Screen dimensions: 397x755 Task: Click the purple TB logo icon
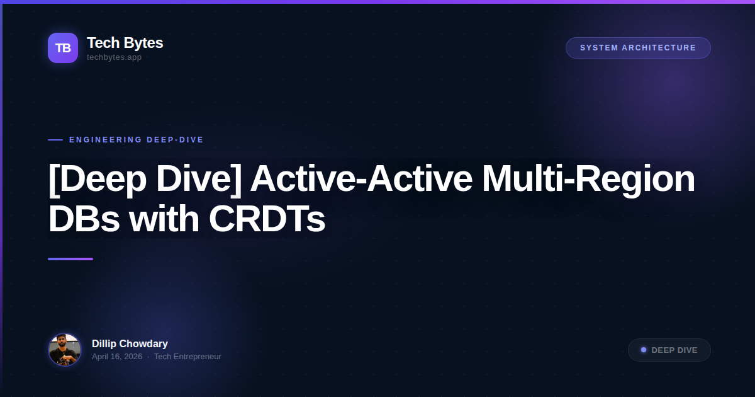[63, 48]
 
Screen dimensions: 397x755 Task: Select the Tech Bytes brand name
[125, 43]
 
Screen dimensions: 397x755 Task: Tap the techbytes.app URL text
[114, 57]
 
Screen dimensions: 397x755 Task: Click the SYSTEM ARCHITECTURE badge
[638, 48]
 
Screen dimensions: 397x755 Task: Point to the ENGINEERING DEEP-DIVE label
[137, 140]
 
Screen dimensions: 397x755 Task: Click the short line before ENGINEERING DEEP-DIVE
[55, 140]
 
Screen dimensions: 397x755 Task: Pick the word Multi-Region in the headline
[588, 180]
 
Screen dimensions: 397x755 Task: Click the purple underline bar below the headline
[70, 259]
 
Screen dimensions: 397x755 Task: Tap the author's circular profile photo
[65, 350]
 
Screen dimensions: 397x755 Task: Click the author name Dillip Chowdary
[130, 343]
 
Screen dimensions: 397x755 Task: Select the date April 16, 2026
[117, 357]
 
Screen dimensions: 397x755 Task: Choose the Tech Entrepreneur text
[187, 357]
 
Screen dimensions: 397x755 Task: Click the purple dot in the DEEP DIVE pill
[644, 350]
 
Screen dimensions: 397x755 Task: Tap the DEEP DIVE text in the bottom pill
[674, 350]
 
